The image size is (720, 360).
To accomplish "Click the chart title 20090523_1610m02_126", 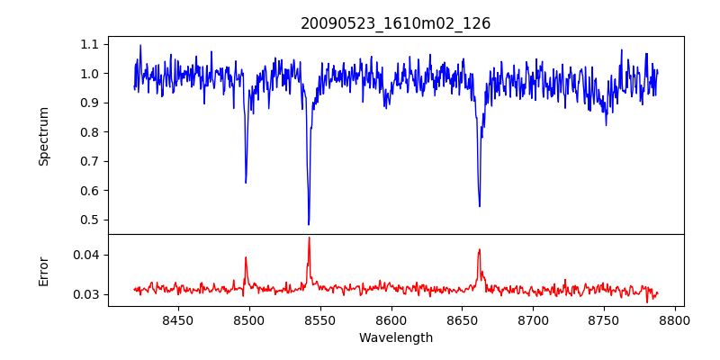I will [396, 23].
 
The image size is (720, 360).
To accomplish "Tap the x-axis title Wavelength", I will [396, 337].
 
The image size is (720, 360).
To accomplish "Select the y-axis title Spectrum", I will [43, 136].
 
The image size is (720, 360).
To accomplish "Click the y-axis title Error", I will [43, 270].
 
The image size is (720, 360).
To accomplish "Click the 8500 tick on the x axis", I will [248, 319].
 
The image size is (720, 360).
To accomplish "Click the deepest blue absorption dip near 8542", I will [309, 224].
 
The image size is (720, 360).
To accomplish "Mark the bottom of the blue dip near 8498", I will [246, 183].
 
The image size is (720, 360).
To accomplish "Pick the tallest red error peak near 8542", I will [309, 238].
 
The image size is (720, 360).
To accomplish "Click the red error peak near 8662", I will [480, 250].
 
